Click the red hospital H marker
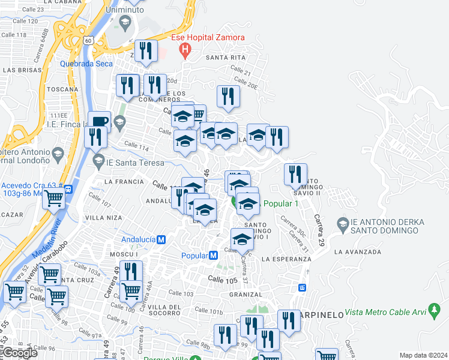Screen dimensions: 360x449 (185, 50)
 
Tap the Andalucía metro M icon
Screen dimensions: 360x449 (161, 239)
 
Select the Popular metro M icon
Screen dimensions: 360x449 (213, 255)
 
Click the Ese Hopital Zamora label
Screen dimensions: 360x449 (208, 37)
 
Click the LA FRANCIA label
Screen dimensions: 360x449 (124, 181)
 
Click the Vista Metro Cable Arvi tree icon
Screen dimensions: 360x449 (435, 311)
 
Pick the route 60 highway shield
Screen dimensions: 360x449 (88, 40)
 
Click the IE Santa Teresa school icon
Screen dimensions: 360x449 (98, 161)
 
